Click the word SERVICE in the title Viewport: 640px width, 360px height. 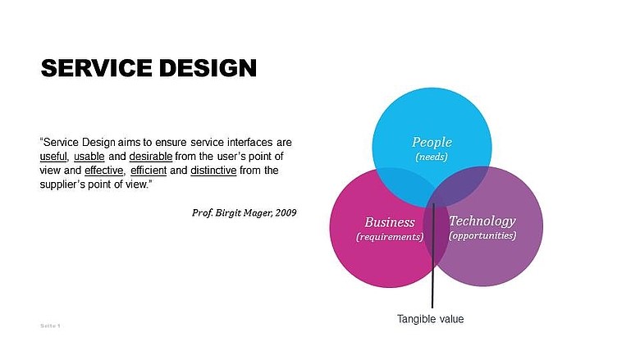[x=97, y=68]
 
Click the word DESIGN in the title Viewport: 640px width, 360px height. [x=208, y=68]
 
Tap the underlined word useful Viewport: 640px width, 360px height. [x=53, y=157]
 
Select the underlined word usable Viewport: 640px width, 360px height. [x=89, y=157]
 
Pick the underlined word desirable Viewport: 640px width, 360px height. [x=151, y=157]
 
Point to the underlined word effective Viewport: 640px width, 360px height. [x=103, y=171]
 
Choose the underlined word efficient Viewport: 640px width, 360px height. [x=149, y=171]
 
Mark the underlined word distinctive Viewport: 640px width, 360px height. [x=213, y=171]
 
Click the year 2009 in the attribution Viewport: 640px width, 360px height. [x=286, y=213]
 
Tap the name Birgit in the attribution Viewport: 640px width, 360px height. [x=228, y=213]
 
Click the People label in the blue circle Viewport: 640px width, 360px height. [x=432, y=143]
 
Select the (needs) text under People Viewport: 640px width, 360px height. [x=432, y=157]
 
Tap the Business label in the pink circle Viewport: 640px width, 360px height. [x=390, y=222]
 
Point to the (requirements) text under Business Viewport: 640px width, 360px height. [x=390, y=237]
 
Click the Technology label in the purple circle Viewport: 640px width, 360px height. [x=482, y=221]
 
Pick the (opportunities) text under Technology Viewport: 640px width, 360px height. [x=482, y=235]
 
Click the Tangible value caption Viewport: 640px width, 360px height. [x=431, y=319]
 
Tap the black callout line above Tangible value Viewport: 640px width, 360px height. [x=432, y=256]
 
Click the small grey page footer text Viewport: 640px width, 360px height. [x=50, y=326]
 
